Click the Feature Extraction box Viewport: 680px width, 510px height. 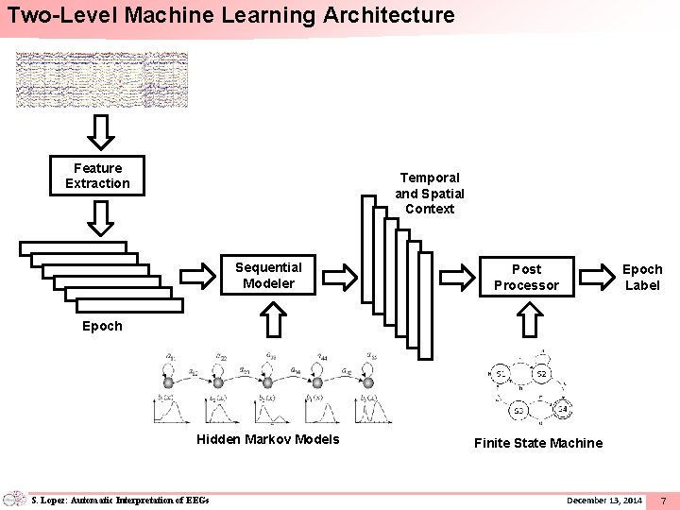pyautogui.click(x=97, y=176)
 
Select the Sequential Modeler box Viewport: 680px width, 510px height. pyautogui.click(x=268, y=276)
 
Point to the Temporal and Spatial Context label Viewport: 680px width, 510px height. pyautogui.click(x=430, y=193)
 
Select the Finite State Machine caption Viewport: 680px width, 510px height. pyautogui.click(x=537, y=442)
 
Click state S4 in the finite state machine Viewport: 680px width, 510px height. pyautogui.click(x=562, y=409)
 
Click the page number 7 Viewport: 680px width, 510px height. pyautogui.click(x=664, y=499)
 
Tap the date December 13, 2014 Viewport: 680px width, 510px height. pyautogui.click(x=604, y=499)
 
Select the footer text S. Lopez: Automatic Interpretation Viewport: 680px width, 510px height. pyautogui.click(x=118, y=499)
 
